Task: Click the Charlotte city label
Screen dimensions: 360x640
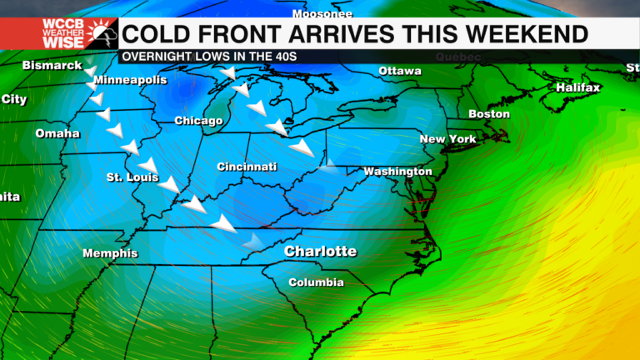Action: pos(320,252)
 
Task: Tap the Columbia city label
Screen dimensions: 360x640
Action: pos(316,282)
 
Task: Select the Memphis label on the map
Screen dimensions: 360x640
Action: pos(110,253)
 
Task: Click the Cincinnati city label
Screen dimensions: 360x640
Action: pos(247,167)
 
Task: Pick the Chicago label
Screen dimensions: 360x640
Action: pos(198,122)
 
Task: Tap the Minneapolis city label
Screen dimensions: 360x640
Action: pos(130,81)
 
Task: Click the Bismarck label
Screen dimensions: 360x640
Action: pos(52,65)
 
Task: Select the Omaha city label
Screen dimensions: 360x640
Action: pos(57,133)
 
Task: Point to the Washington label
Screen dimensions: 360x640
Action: pos(397,172)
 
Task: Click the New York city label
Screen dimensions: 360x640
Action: pos(447,139)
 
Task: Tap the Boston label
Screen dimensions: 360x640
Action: pos(488,114)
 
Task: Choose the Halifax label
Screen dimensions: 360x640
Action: pos(577,87)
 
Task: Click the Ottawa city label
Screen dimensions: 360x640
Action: pos(400,71)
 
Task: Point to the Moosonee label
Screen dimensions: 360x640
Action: pos(322,14)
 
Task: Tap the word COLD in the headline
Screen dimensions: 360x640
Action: pos(157,34)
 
